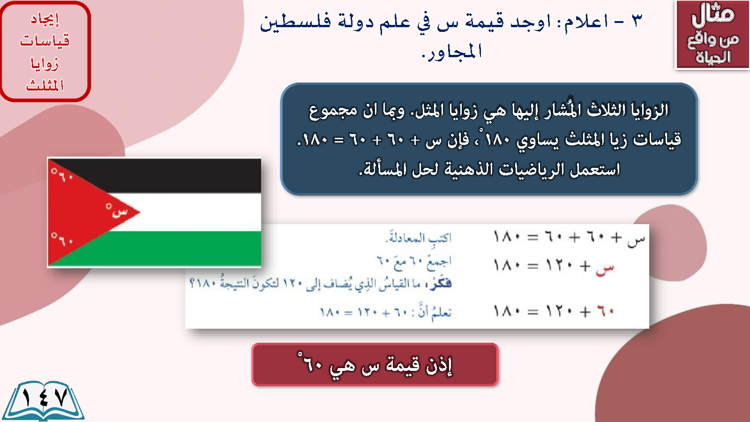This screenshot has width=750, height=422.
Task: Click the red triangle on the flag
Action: click(84, 212)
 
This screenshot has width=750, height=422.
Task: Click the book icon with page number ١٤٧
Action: click(44, 401)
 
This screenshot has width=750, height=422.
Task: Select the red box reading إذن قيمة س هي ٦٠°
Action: click(375, 365)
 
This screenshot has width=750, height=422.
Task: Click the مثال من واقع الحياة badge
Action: click(712, 35)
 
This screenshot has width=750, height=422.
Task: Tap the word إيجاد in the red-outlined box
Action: click(45, 19)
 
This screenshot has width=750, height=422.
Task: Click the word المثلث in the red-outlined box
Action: click(45, 85)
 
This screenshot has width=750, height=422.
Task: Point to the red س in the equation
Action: click(605, 268)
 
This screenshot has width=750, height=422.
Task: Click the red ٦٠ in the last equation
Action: click(605, 311)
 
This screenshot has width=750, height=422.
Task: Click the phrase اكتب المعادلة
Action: click(419, 237)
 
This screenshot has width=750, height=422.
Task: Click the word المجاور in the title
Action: click(452, 52)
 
